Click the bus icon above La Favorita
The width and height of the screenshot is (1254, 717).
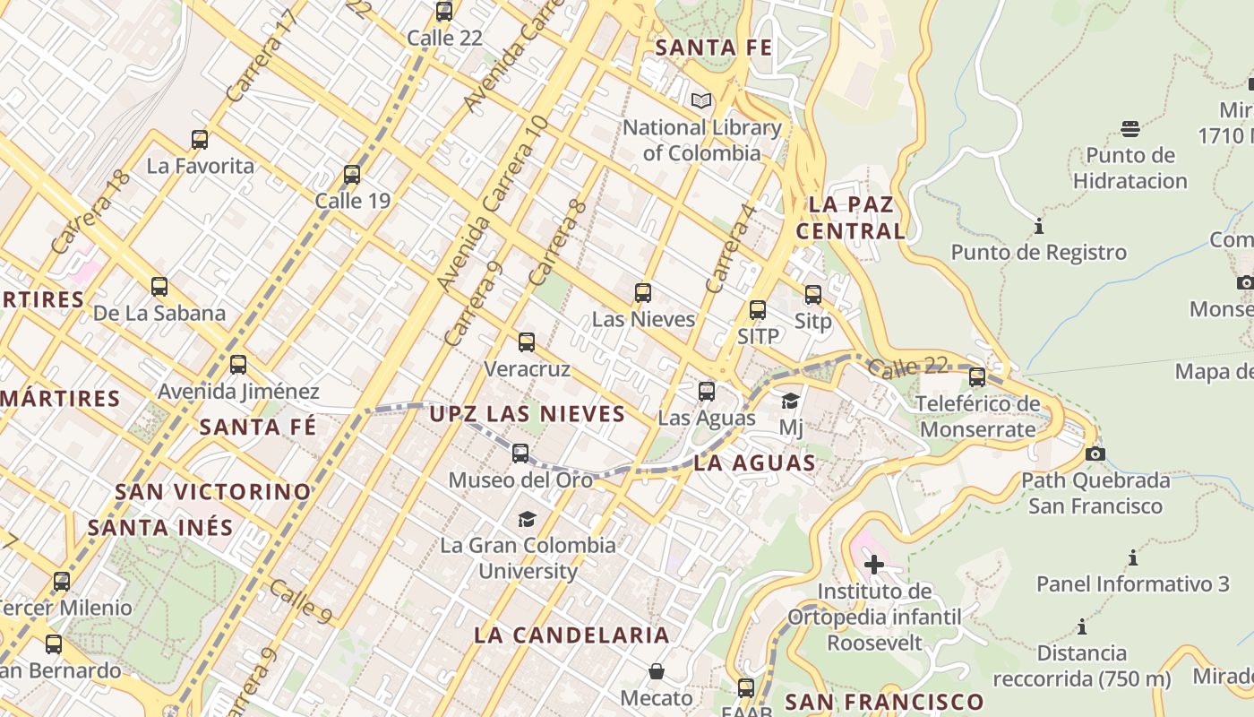200,140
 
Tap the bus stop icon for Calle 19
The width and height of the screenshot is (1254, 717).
352,175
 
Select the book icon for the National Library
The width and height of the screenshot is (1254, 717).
701,101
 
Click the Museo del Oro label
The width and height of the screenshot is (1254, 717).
520,479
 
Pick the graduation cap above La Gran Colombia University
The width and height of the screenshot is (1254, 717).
527,519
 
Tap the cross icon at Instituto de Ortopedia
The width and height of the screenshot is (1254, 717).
873,565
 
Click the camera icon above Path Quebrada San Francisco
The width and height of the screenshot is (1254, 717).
1095,454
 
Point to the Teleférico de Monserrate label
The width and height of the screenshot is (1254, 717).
978,416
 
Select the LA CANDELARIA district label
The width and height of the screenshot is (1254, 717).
571,635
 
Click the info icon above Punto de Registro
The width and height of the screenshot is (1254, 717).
1039,226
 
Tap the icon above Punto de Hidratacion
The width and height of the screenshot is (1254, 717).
1129,129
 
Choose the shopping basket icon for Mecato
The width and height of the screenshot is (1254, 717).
657,671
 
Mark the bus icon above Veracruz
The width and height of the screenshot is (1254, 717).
527,342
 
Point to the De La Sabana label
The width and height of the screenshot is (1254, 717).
159,313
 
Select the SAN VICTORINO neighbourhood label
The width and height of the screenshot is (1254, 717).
213,492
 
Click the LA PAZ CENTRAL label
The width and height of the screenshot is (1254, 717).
851,218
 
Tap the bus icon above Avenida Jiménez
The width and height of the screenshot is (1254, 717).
238,365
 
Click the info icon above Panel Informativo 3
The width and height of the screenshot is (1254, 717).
1132,558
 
